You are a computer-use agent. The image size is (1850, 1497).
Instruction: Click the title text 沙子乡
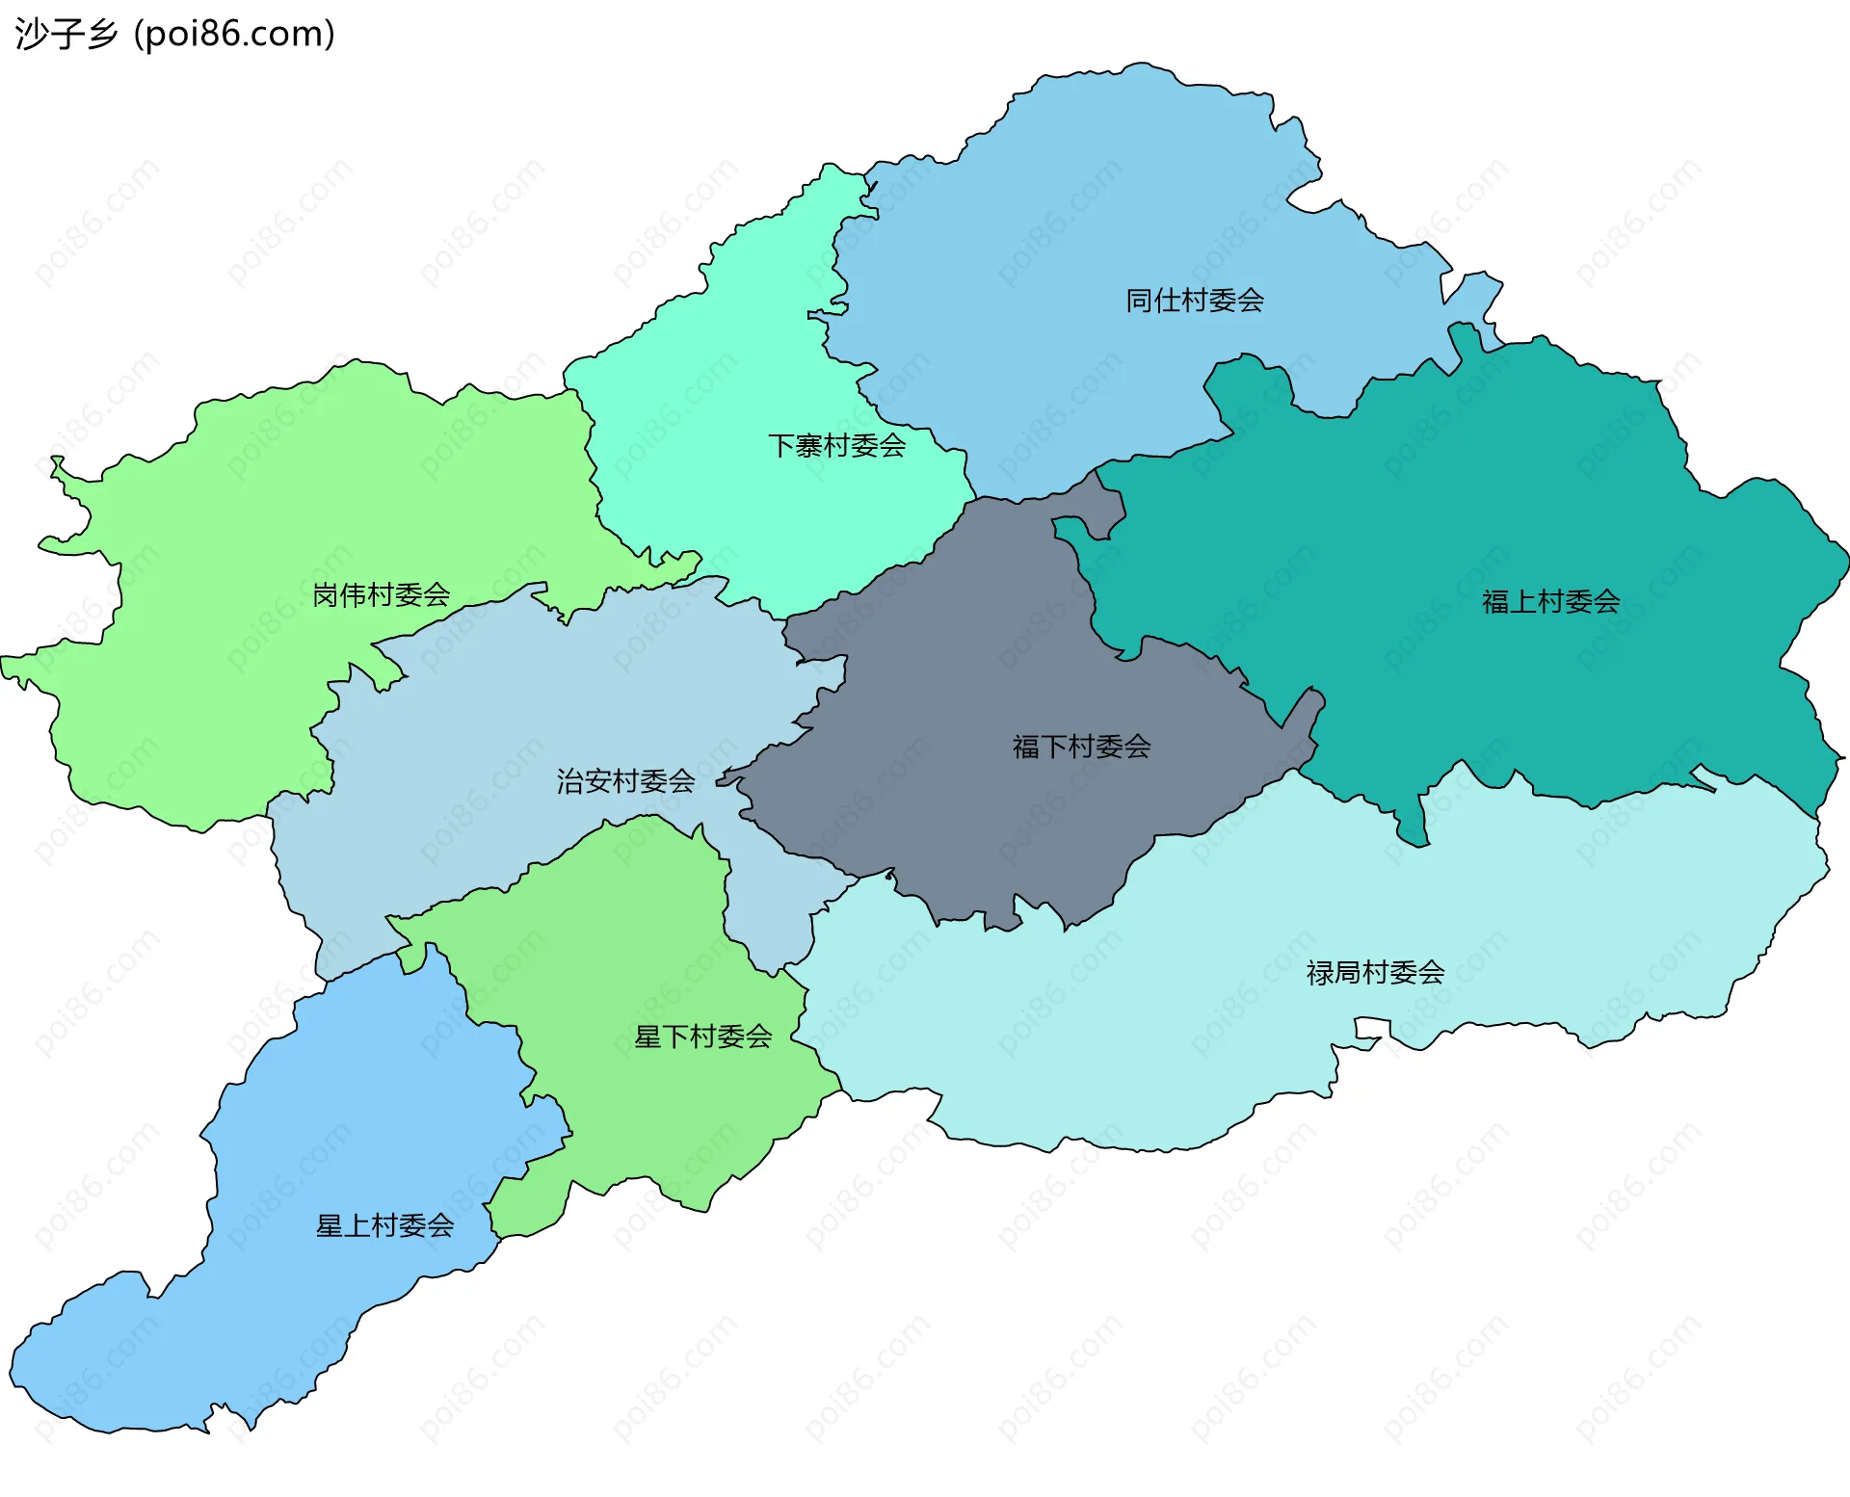click(x=66, y=34)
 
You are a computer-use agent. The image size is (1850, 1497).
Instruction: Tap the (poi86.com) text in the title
click(x=234, y=34)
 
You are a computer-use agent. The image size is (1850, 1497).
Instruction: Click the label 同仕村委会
click(x=1195, y=301)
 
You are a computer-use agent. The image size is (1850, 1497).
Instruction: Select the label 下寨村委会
click(x=836, y=445)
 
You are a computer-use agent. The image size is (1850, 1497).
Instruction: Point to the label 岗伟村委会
click(x=381, y=594)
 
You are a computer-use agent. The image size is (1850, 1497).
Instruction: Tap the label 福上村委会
click(x=1550, y=601)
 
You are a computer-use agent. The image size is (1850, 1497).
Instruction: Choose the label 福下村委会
click(x=1081, y=746)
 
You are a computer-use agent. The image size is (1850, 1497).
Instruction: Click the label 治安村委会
click(x=625, y=780)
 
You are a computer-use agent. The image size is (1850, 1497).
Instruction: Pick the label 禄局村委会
click(x=1375, y=972)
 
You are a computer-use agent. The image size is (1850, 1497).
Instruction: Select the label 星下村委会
click(x=702, y=1037)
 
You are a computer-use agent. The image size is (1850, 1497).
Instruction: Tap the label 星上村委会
click(x=384, y=1225)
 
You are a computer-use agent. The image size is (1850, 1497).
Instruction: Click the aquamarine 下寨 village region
click(x=732, y=366)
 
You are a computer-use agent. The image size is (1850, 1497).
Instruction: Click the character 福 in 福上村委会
click(x=1495, y=601)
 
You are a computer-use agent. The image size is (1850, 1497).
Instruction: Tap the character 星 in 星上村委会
click(x=330, y=1225)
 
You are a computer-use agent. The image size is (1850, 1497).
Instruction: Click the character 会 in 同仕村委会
click(x=1251, y=301)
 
